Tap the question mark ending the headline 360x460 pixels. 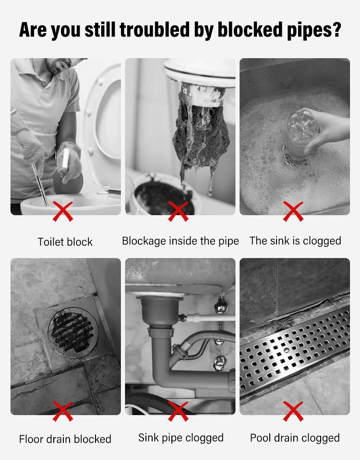point(336,29)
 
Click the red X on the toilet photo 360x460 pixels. point(63,211)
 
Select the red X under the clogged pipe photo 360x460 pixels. point(178,211)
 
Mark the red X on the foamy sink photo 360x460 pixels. point(293,211)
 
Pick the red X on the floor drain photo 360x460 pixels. point(63,412)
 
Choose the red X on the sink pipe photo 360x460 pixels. point(178,412)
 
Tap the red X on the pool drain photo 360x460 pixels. point(293,412)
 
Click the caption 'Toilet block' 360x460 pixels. point(65,242)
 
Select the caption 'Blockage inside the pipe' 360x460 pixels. point(180,241)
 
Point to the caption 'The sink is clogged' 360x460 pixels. point(295,241)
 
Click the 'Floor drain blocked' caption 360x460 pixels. point(65,439)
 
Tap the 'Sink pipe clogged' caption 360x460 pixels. point(181,438)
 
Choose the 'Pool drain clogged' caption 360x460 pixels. point(295,438)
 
